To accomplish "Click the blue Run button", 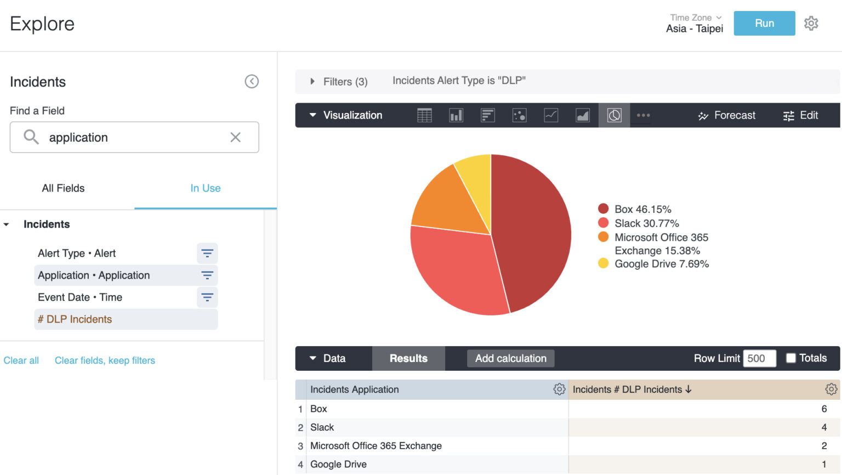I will click(764, 24).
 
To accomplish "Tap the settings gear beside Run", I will click(811, 24).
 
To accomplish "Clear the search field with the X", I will click(235, 137).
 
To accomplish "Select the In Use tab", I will click(205, 188).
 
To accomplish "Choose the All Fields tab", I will click(63, 188).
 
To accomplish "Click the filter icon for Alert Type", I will click(207, 253).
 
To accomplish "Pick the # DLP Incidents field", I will click(75, 319).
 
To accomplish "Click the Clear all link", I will click(21, 360).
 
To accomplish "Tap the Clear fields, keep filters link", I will click(105, 360).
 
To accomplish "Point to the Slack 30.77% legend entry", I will click(646, 223).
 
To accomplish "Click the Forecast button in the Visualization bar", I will click(726, 115).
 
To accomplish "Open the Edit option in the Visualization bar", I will click(801, 115).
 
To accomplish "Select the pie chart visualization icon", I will click(614, 115).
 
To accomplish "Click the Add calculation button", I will click(510, 358).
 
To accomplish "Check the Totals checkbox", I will click(791, 358).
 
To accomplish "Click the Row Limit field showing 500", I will click(759, 358).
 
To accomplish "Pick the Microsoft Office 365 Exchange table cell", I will click(376, 446).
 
